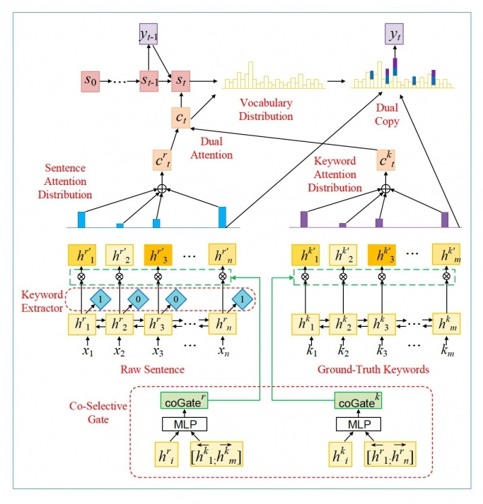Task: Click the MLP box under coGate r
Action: click(183, 424)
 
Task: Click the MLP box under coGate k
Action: click(356, 424)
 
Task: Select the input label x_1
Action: click(79, 350)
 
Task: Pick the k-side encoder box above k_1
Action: click(305, 325)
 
